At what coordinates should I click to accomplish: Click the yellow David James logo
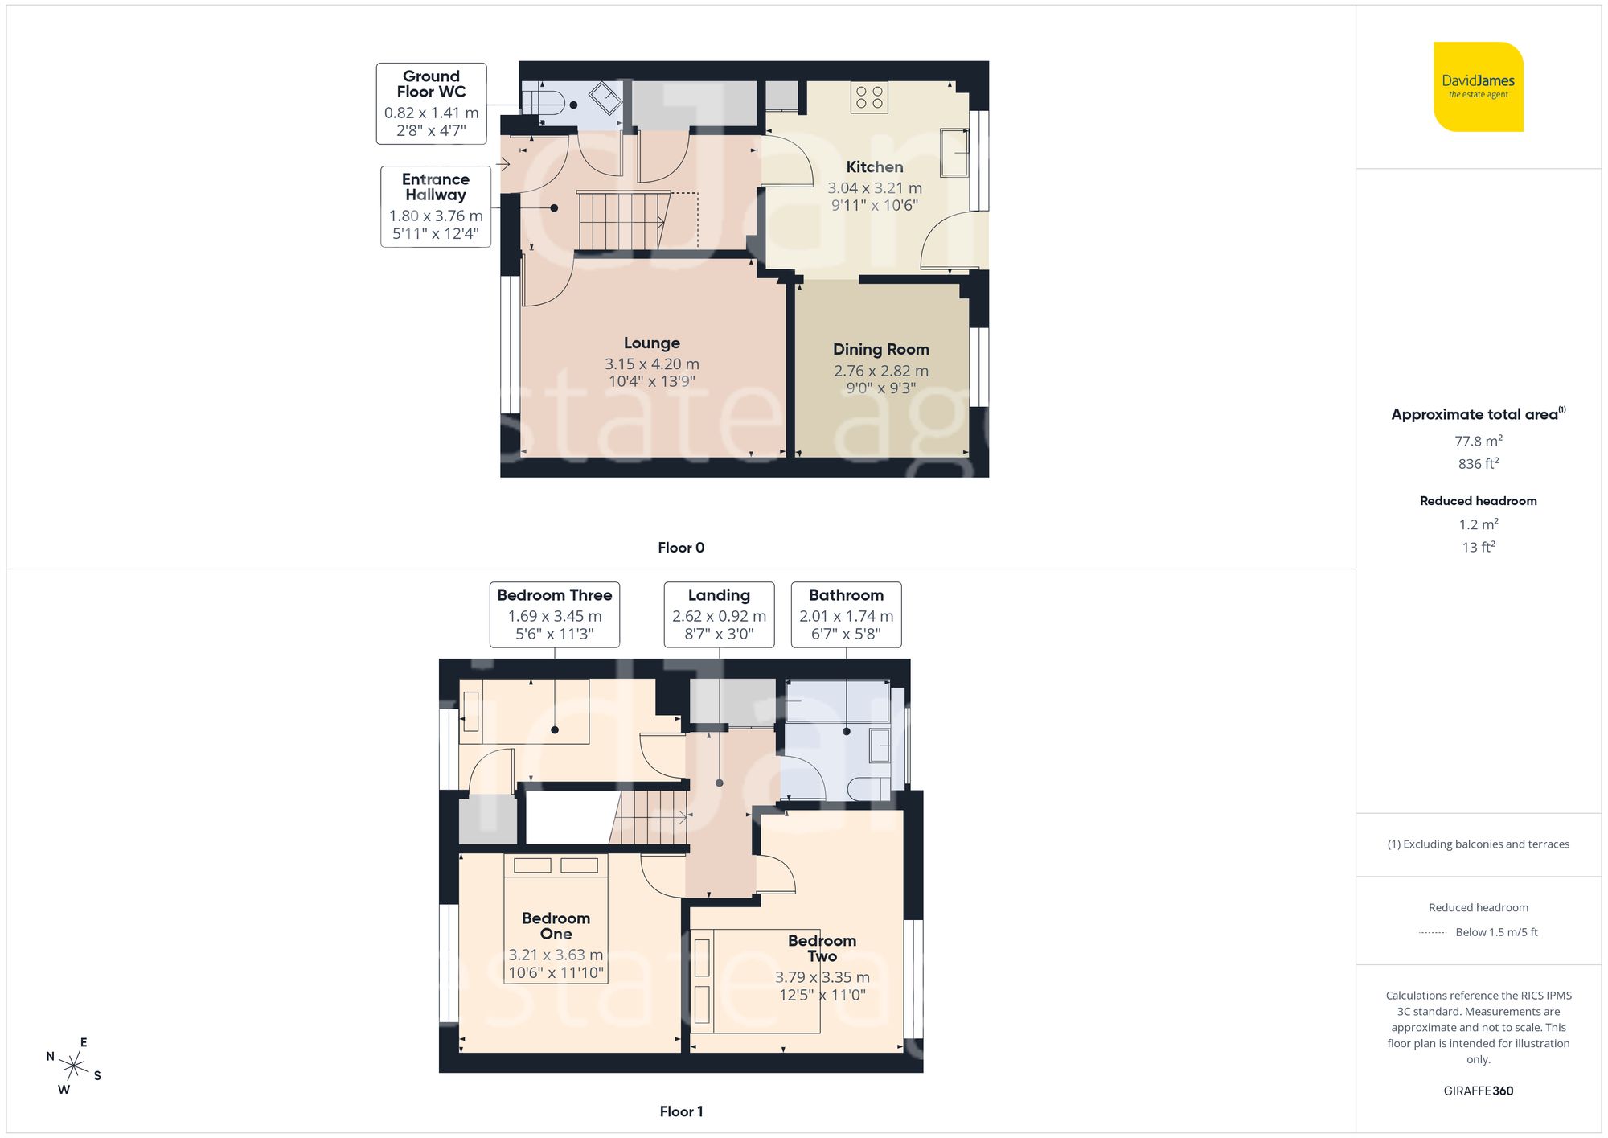tap(1478, 87)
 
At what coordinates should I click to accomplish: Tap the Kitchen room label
tap(874, 167)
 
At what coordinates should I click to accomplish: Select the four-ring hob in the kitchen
tap(869, 97)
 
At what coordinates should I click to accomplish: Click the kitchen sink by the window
tap(955, 152)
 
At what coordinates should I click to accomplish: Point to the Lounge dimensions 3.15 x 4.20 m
tap(651, 364)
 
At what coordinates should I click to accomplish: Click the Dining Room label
tap(880, 350)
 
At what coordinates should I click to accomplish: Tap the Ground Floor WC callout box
tap(431, 104)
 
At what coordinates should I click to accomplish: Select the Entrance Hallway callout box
tap(435, 207)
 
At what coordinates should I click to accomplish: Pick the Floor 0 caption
tap(680, 548)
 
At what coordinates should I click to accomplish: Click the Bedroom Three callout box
tap(554, 614)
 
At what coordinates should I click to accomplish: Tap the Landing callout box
tap(719, 614)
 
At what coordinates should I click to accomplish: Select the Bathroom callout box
tap(846, 614)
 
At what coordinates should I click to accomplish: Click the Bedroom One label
tap(556, 926)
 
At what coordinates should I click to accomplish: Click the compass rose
tap(73, 1067)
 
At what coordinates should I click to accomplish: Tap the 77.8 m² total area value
tap(1478, 441)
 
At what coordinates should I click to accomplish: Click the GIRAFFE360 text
tap(1478, 1091)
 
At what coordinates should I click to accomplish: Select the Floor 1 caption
tap(680, 1111)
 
